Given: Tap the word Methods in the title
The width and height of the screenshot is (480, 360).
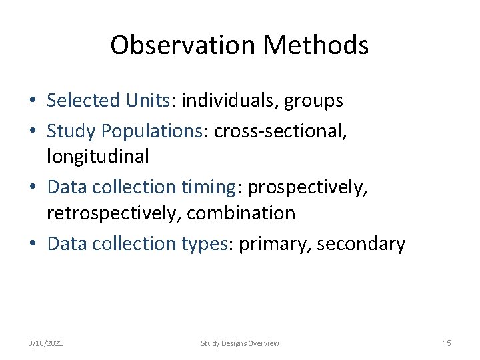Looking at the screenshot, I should pyautogui.click(x=316, y=45).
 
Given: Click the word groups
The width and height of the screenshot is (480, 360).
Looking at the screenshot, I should pyautogui.click(x=313, y=101).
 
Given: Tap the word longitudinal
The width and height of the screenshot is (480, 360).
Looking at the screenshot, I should pyautogui.click(x=98, y=157).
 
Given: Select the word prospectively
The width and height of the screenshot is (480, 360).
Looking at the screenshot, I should pyautogui.click(x=307, y=188).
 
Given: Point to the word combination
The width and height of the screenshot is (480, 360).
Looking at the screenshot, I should pyautogui.click(x=241, y=213).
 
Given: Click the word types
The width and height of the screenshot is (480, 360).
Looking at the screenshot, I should pyautogui.click(x=204, y=244).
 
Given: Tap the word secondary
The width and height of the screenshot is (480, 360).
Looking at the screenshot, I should pyautogui.click(x=361, y=244).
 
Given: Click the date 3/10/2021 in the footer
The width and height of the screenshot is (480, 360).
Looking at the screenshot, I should pyautogui.click(x=46, y=343).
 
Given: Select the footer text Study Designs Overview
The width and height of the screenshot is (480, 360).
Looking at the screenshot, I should pyautogui.click(x=240, y=343).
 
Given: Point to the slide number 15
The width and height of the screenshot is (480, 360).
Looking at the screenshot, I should pyautogui.click(x=447, y=343).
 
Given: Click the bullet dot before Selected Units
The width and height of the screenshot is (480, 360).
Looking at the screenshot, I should pyautogui.click(x=33, y=101).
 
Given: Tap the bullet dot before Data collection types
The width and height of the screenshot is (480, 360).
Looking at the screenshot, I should pyautogui.click(x=33, y=244).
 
